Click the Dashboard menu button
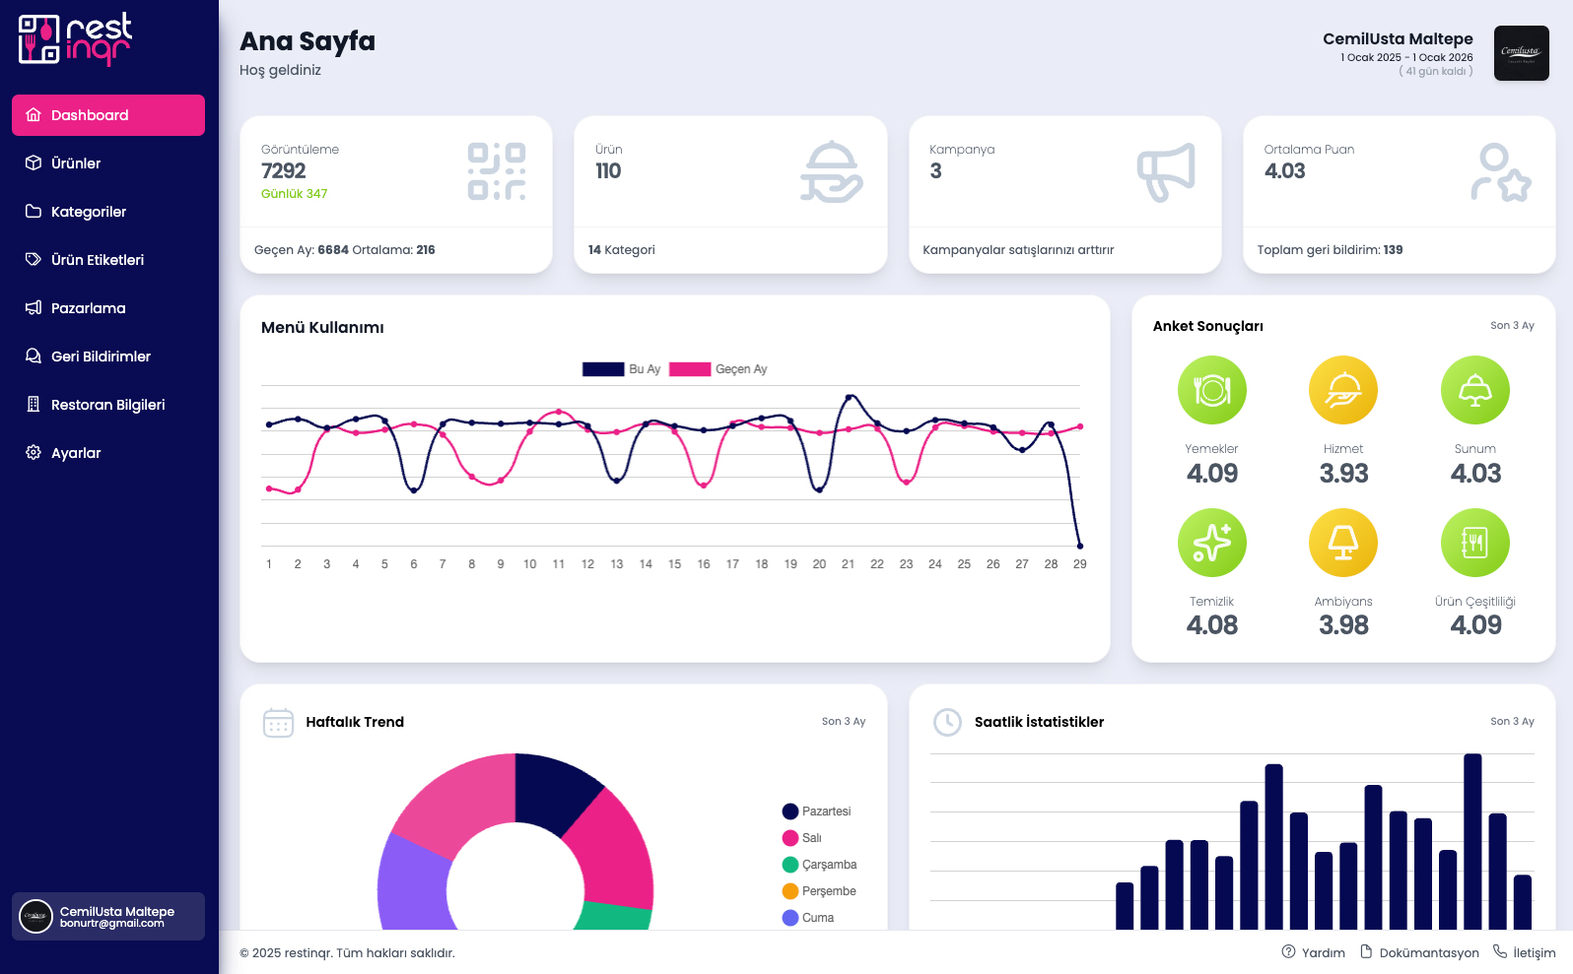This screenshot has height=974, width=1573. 107,115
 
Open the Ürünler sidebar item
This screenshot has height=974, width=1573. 76,163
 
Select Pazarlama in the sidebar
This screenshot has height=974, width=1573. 88,308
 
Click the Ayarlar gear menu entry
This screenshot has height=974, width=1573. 76,453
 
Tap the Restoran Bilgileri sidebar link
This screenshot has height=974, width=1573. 107,405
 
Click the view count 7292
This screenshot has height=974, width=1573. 284,171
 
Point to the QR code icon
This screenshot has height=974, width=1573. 496,171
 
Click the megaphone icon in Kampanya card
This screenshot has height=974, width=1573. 1166,172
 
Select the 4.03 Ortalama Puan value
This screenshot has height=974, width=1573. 1284,171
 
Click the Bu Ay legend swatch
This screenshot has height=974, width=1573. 603,369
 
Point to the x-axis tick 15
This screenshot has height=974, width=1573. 674,564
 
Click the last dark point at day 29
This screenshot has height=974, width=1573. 1080,546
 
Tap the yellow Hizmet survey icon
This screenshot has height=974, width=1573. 1342,390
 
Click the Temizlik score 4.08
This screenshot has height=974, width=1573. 1211,625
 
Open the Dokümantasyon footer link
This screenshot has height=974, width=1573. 1428,952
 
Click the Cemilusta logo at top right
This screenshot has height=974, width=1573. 1521,53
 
